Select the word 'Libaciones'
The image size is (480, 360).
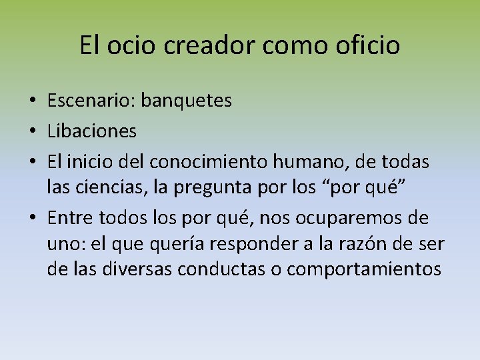[92, 131]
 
